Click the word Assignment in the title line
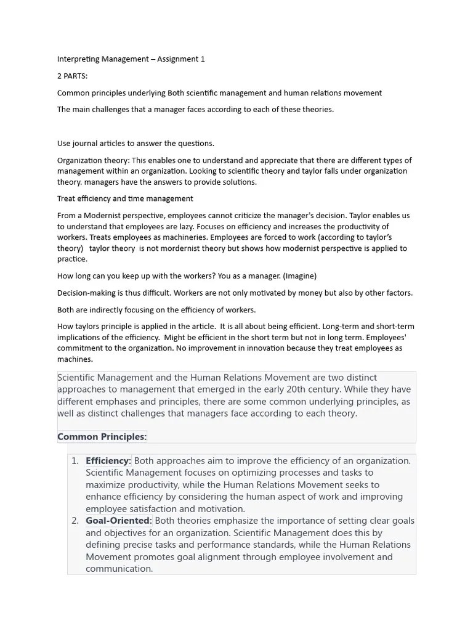(177, 59)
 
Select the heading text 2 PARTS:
(73, 76)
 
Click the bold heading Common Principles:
(102, 437)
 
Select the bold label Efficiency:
(108, 461)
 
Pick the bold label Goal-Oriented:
(119, 521)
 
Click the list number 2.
(75, 521)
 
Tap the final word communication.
(119, 569)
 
